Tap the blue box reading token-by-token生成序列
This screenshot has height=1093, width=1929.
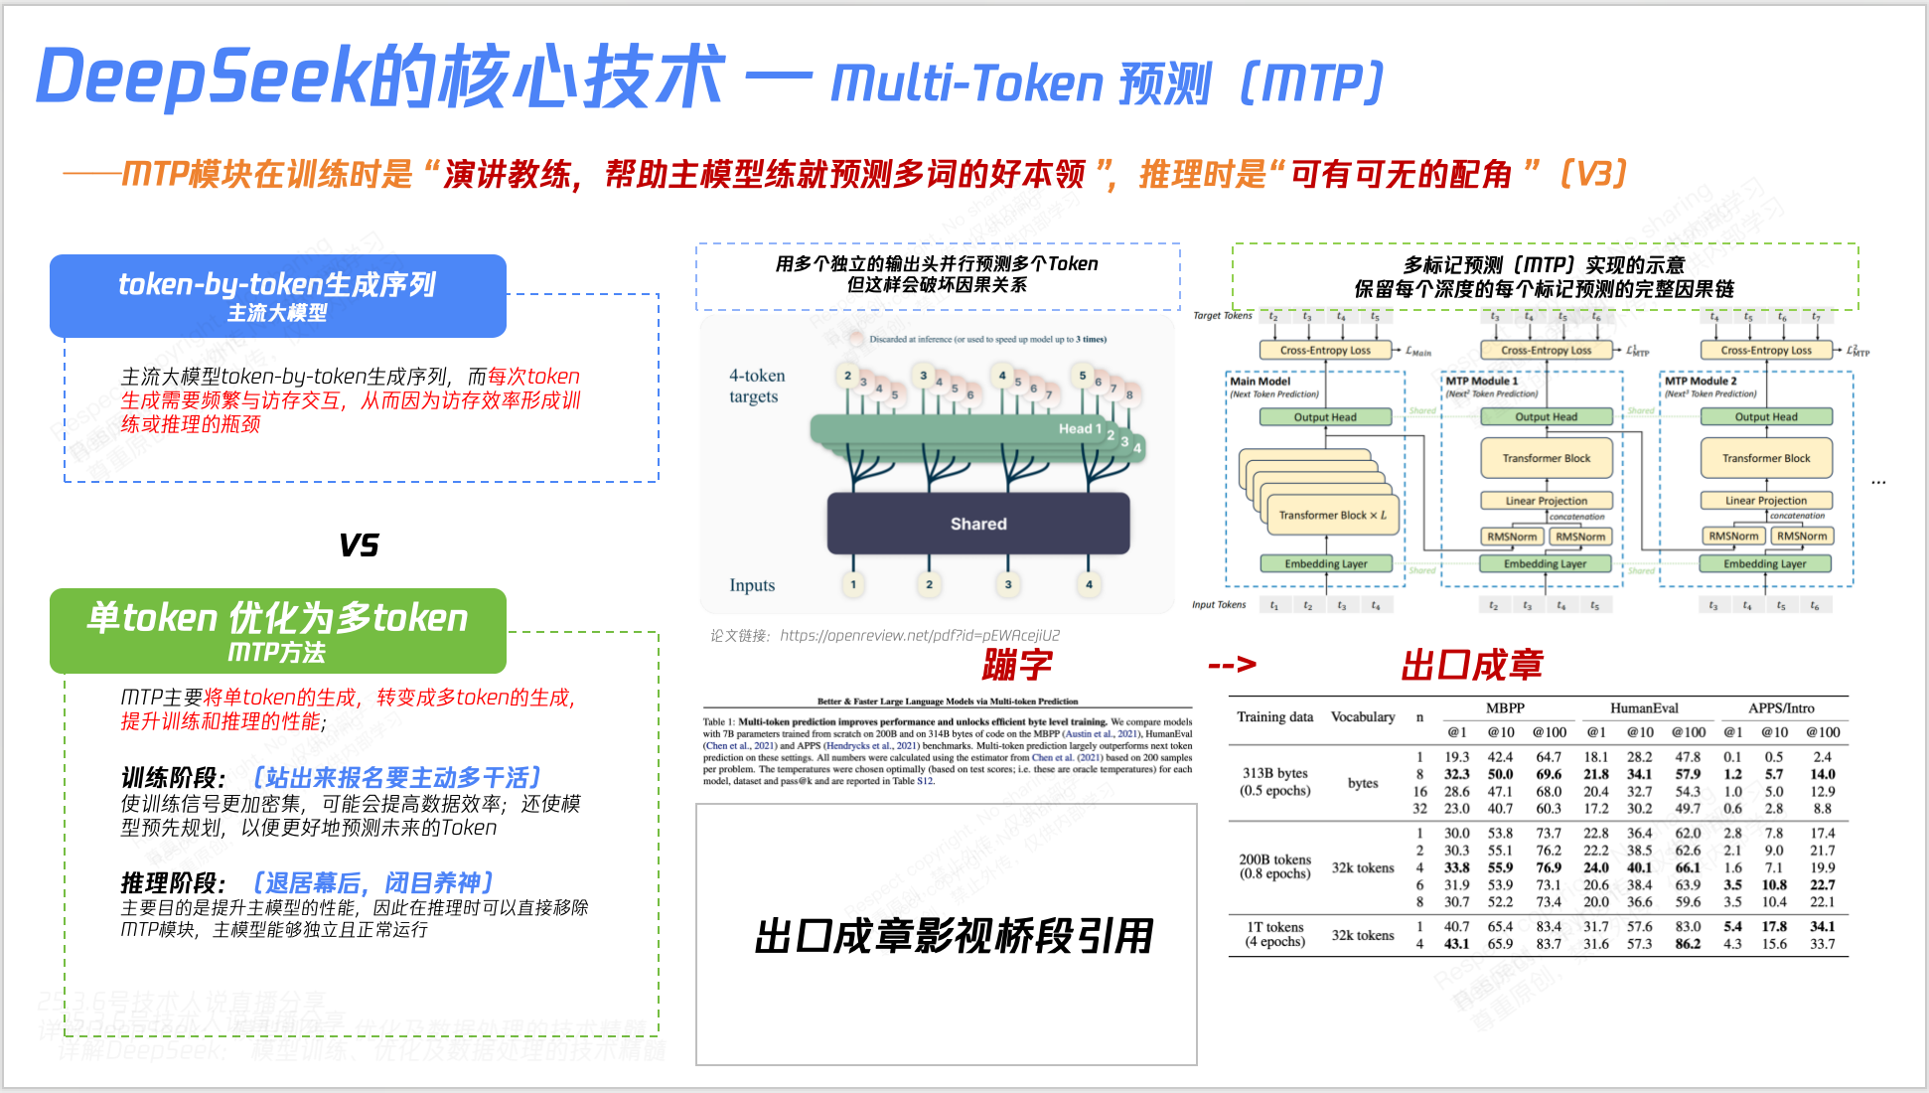click(277, 295)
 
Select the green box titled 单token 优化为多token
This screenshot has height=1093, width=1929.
click(277, 629)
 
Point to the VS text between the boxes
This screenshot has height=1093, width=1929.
click(359, 545)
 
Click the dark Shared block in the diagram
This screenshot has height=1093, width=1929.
click(978, 524)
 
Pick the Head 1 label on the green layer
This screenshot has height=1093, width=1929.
click(1080, 428)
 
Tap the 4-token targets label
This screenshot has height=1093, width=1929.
click(756, 386)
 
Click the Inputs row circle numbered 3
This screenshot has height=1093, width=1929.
click(1008, 584)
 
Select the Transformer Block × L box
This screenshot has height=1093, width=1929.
click(1332, 515)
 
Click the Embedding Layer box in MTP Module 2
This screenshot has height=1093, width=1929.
click(1764, 563)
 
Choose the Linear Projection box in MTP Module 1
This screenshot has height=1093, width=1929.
click(1546, 501)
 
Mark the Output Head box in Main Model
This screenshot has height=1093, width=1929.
click(1325, 417)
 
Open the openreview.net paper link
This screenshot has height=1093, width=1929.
click(919, 635)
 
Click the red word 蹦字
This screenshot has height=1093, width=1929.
click(1016, 665)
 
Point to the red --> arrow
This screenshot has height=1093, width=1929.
click(1232, 665)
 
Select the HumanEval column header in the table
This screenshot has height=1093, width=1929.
click(1644, 708)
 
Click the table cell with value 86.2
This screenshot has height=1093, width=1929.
click(1687, 944)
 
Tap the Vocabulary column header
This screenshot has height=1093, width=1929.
click(1363, 716)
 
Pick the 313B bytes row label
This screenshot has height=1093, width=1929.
click(1274, 773)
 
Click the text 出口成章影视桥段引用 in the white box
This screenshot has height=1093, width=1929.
click(954, 936)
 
